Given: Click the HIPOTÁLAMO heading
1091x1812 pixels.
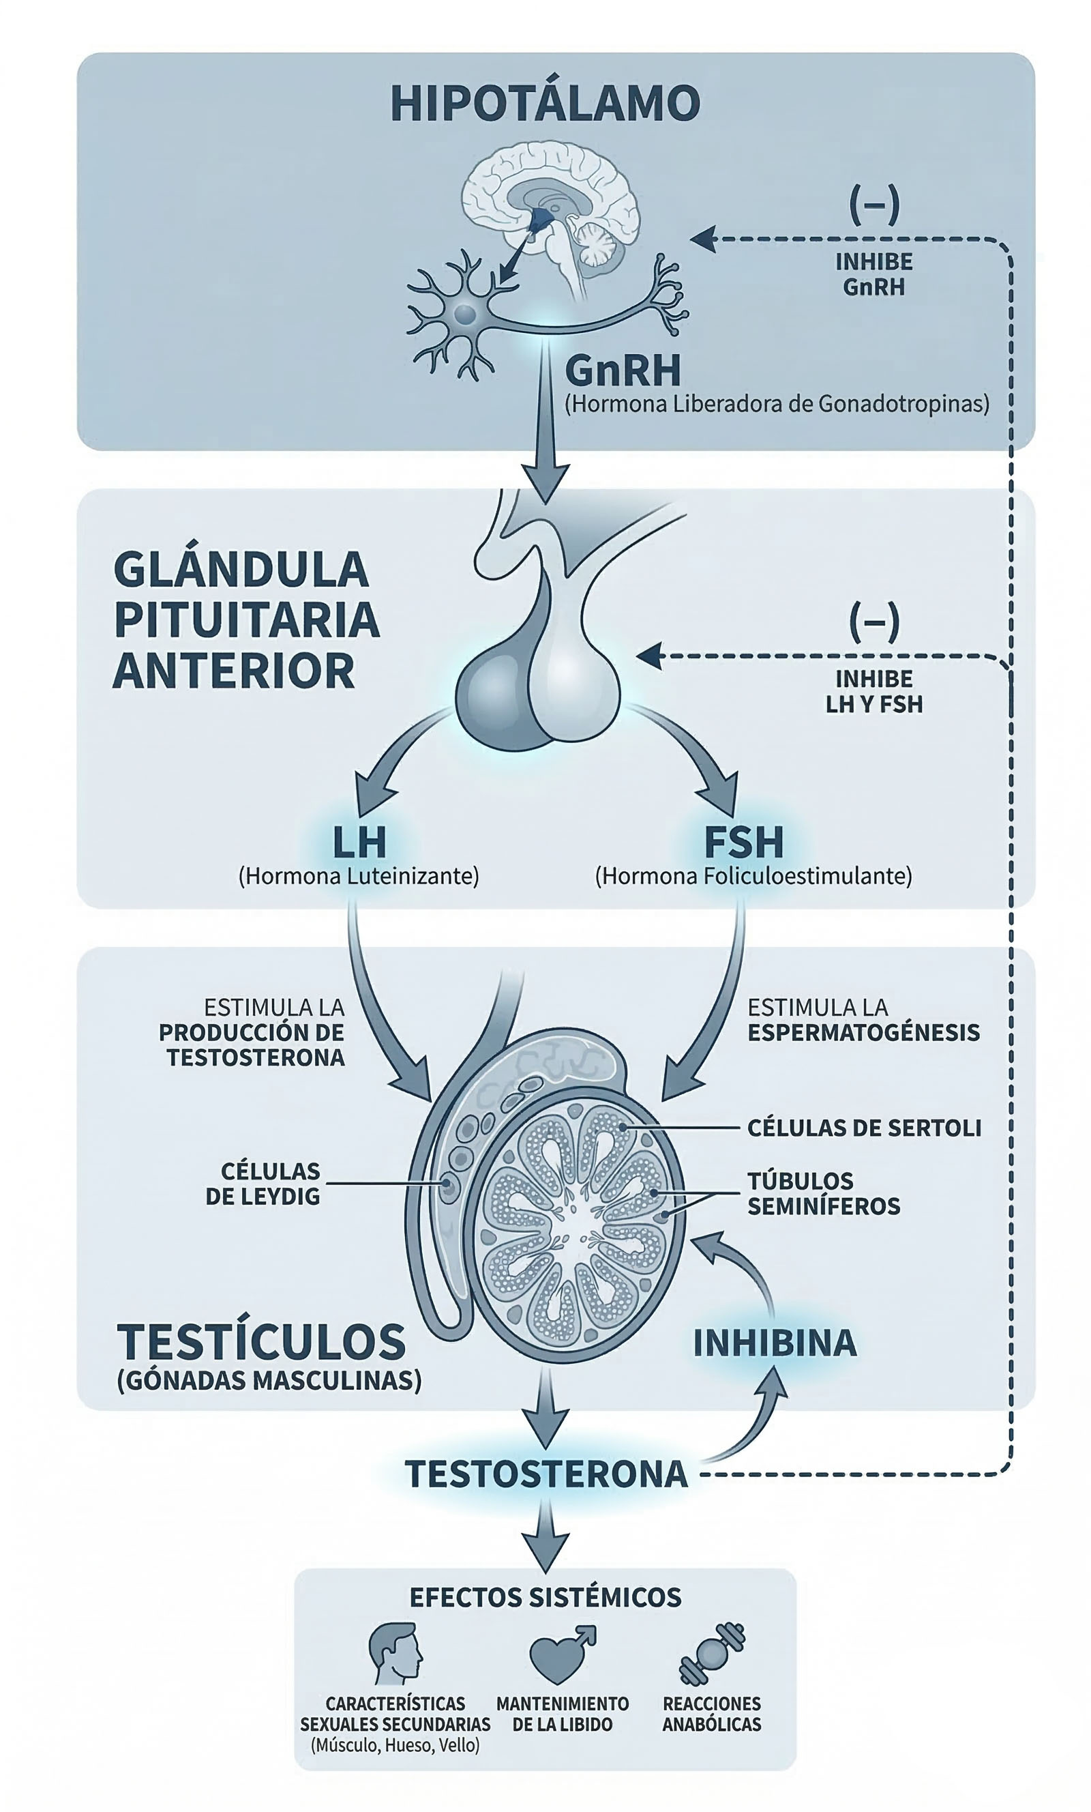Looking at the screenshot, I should [545, 104].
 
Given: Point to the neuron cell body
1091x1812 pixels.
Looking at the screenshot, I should [464, 315].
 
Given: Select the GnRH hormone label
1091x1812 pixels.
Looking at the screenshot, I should [623, 370].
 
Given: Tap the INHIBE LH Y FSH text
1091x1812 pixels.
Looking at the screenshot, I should [873, 691].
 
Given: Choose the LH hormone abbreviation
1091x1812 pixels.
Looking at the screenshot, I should [359, 843].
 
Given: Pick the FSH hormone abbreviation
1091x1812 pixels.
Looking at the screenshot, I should [743, 843].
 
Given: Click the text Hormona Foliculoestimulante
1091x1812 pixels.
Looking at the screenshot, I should [753, 876].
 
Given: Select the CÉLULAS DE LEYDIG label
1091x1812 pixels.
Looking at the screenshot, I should [263, 1183].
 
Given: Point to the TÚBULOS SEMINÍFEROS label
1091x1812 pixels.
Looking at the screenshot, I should [824, 1193].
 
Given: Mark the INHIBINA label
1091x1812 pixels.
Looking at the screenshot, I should [775, 1343].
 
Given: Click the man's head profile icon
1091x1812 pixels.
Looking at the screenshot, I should [395, 1654].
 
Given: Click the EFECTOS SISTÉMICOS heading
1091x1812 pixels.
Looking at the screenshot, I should [545, 1596].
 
